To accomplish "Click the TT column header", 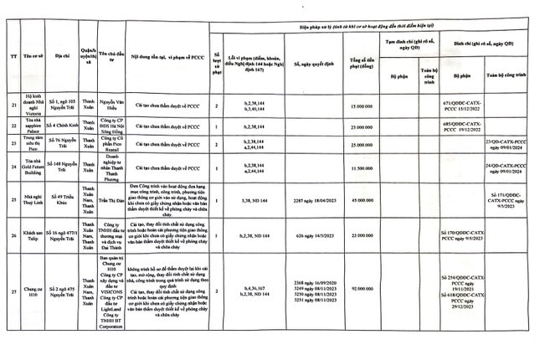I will (x=10, y=56).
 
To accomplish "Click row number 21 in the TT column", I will (x=10, y=106).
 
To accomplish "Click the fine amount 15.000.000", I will (x=361, y=106).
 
